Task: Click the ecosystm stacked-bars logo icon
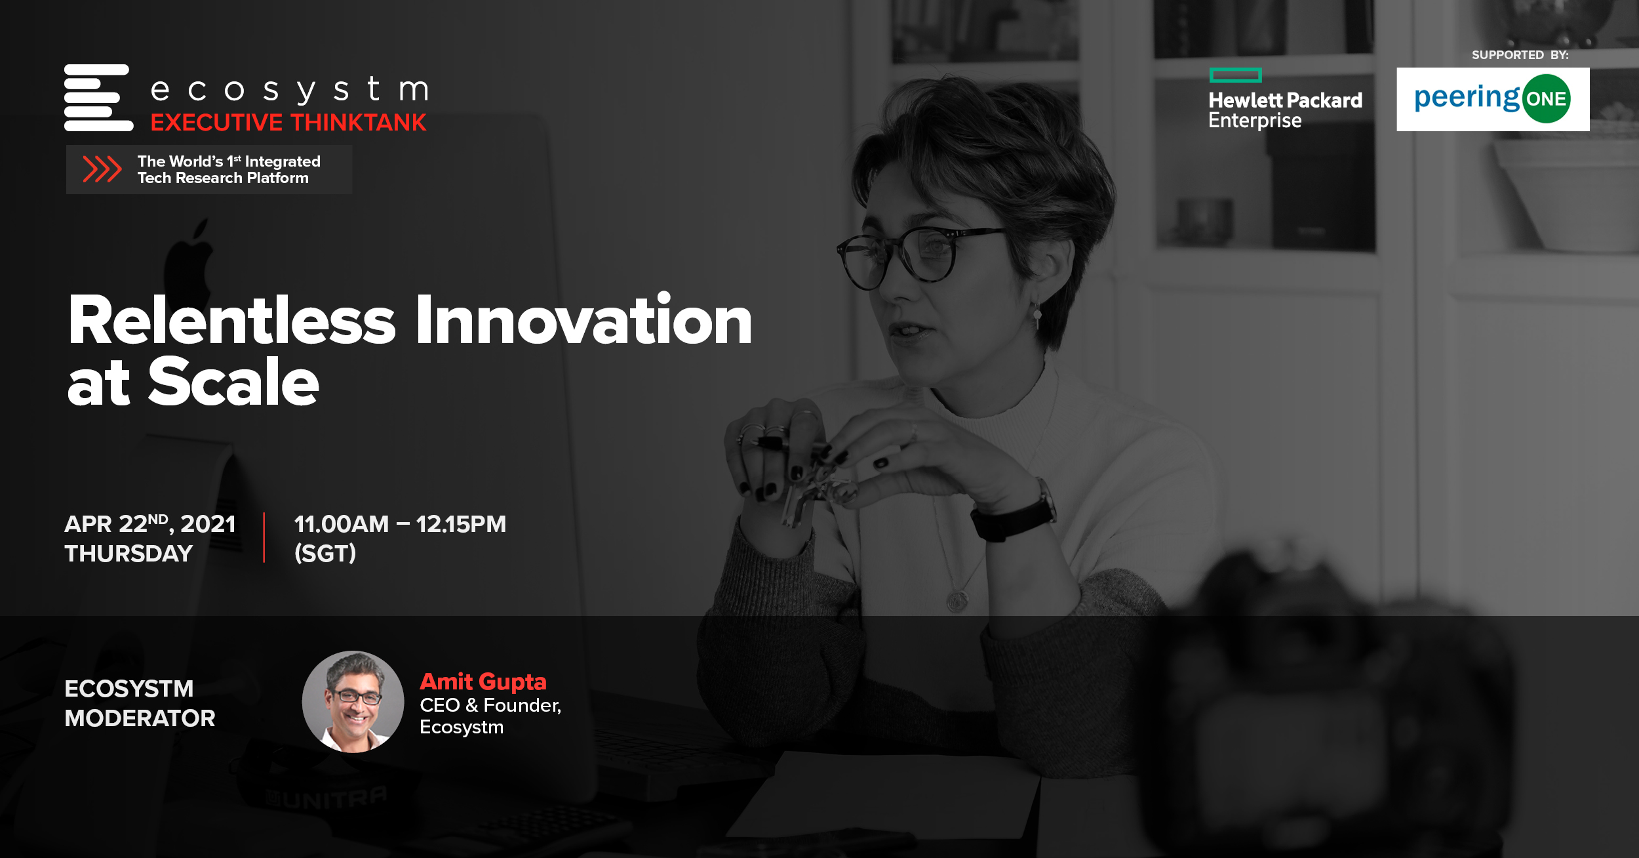pos(98,98)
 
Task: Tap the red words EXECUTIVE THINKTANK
pos(288,123)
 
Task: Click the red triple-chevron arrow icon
pos(102,169)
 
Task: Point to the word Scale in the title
pos(233,382)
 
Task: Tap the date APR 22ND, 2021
pos(150,523)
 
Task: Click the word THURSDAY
pos(128,554)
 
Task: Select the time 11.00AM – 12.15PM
pos(400,523)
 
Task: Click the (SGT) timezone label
pos(325,554)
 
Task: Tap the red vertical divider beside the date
pos(264,538)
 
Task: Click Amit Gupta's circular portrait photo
pos(353,701)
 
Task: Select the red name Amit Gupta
pos(483,682)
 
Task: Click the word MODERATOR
pos(140,718)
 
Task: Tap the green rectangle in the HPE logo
pos(1235,75)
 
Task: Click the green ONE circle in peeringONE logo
pos(1546,99)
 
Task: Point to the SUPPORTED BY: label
pos(1520,55)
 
